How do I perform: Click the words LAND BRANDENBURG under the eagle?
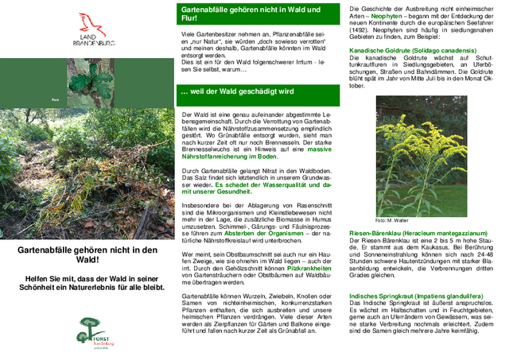tap(89, 41)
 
